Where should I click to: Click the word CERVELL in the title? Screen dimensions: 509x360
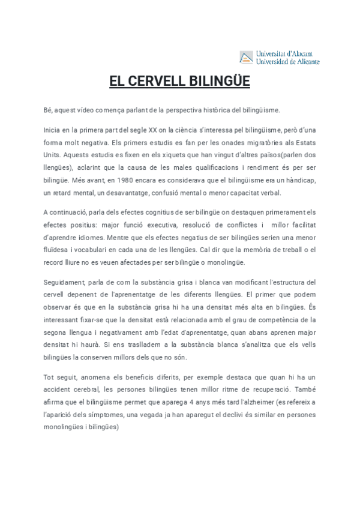tap(160, 81)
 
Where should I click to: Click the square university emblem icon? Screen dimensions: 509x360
tap(246, 58)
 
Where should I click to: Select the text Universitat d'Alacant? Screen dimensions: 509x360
tap(284, 54)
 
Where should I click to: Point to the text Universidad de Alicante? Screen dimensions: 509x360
tap(287, 61)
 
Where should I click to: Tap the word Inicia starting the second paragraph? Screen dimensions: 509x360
tap(52, 129)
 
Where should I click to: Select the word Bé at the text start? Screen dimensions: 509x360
tap(48, 110)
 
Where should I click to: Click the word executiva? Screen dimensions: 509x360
tap(162, 224)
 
